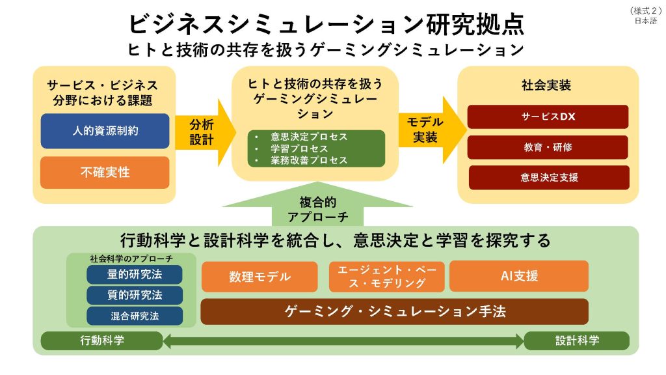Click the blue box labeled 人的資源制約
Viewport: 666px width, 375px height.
(105, 131)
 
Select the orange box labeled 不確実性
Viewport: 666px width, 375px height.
(105, 173)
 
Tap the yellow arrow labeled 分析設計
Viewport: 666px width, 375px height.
(202, 132)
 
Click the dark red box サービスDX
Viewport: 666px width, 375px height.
(548, 117)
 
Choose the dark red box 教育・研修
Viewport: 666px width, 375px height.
(548, 147)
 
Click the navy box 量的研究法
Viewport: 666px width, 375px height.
(135, 275)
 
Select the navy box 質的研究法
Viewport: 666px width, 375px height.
(135, 296)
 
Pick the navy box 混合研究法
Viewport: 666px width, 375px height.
(135, 316)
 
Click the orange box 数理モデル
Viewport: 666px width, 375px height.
(260, 277)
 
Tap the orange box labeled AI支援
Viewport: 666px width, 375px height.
(518, 276)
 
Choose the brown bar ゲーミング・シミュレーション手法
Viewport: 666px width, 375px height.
(394, 312)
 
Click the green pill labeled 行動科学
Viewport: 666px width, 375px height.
(102, 340)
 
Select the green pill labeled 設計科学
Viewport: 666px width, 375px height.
(577, 340)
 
